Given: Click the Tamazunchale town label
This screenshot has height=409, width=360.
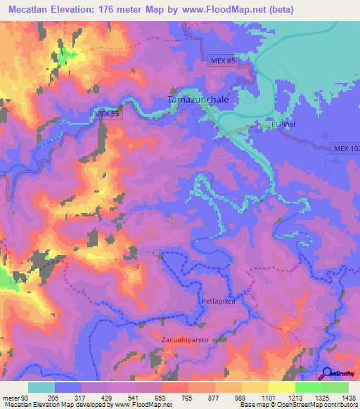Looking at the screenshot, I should click(x=203, y=100).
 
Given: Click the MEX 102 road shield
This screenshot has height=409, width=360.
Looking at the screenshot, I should click(x=345, y=148).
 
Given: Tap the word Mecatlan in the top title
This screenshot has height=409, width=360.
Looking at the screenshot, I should click(x=29, y=9).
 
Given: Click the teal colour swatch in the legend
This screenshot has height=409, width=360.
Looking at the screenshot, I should click(x=41, y=387).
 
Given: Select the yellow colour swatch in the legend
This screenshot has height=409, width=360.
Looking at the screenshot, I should click(x=282, y=387).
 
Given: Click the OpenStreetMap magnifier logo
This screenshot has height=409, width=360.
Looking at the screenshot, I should click(x=327, y=373).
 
